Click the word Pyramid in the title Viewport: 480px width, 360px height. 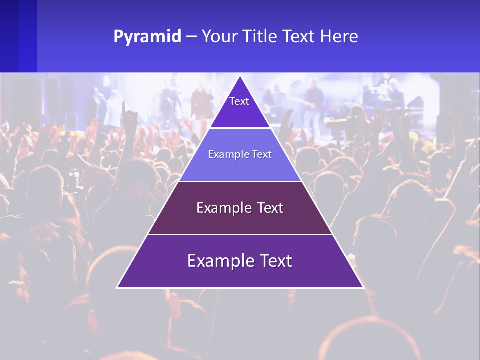tap(147, 37)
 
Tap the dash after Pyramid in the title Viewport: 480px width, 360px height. tap(191, 37)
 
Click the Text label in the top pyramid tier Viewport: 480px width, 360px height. tap(239, 101)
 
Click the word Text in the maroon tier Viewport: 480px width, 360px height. tap(268, 208)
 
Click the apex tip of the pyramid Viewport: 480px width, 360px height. tap(240, 76)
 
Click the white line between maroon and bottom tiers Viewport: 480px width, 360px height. tap(240, 234)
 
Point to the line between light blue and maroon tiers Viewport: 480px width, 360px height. tap(240, 181)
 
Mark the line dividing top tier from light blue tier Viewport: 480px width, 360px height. tap(240, 128)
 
